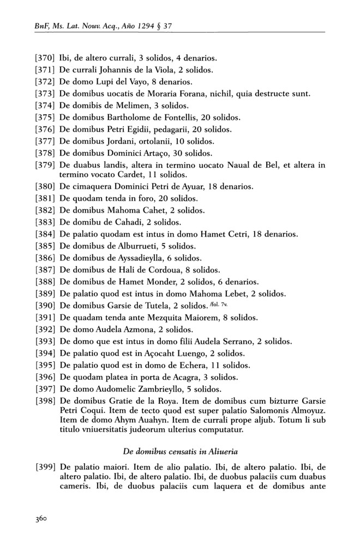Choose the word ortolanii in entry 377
pos(164,141)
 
